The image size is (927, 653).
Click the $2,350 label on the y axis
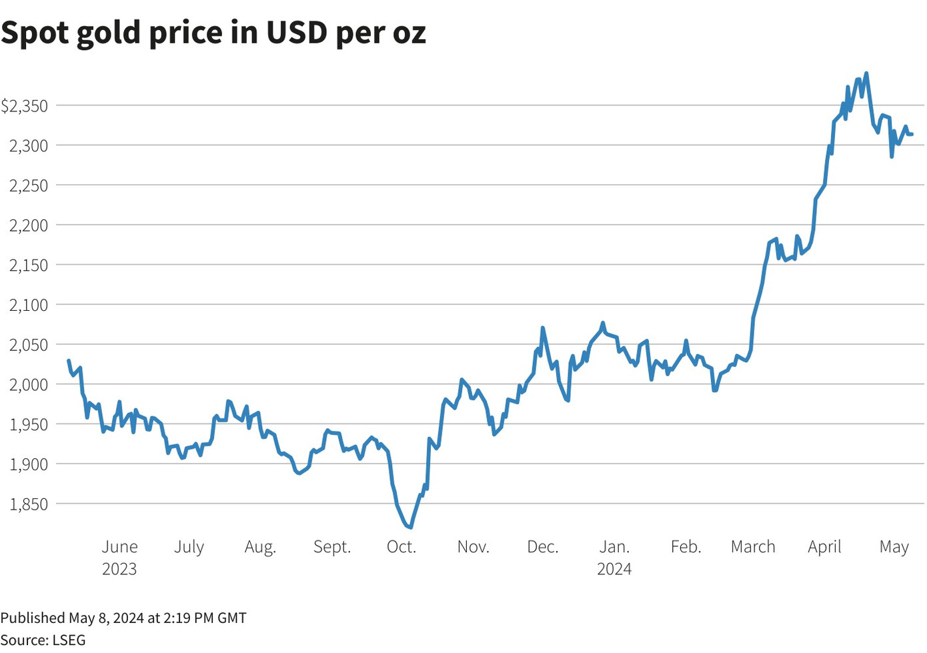pos(25,105)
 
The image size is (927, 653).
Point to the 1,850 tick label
pos(29,504)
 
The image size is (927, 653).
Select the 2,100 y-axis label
pos(29,305)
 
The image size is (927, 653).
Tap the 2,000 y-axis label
pos(29,384)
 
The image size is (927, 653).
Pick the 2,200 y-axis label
pos(29,225)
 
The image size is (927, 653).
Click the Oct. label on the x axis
pos(401,547)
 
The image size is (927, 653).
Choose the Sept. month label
pos(332,547)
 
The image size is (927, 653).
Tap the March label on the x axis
pos(753,547)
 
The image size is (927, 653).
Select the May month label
pos(894,547)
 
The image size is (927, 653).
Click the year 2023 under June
pos(119,569)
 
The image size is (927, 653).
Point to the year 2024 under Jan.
pos(614,569)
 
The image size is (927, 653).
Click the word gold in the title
pos(109,33)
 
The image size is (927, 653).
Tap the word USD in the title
pos(297,33)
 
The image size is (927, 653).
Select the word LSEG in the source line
pos(69,640)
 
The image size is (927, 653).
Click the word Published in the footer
pos(33,618)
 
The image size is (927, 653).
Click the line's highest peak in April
pos(866,73)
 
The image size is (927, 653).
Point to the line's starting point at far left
pos(69,361)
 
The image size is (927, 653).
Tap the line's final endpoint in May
pos(912,134)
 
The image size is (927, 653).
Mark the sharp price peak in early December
pos(543,328)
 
